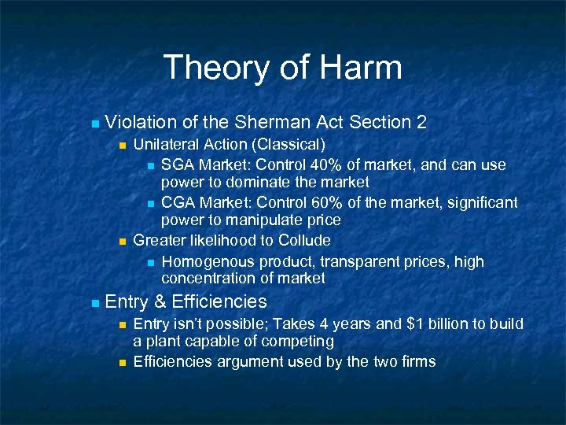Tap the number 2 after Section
422,122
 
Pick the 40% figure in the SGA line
327,165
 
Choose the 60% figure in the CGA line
328,203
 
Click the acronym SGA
178,165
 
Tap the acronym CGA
178,203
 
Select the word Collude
303,240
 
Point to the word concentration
208,278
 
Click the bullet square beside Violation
94,124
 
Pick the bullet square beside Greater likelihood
121,241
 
